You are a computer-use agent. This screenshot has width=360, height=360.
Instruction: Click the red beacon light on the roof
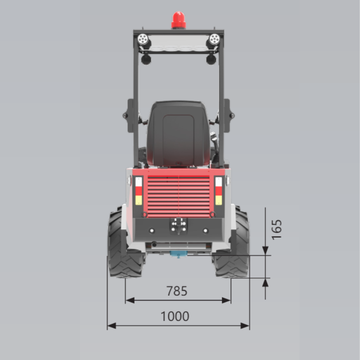179,20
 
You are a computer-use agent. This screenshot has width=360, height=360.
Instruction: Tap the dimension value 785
176,291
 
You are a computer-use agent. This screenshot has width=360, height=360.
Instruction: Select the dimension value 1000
175,316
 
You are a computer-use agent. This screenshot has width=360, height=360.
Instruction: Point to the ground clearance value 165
276,230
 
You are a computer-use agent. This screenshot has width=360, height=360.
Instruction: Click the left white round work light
143,39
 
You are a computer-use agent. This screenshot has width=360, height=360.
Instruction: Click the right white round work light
215,39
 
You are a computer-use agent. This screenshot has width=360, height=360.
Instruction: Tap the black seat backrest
179,134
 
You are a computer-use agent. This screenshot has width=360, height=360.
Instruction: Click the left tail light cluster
139,191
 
